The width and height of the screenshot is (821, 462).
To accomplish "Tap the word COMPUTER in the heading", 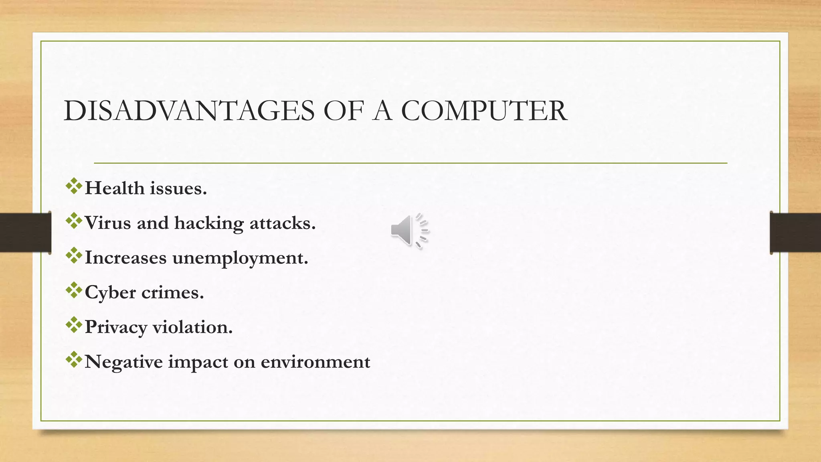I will (x=484, y=111).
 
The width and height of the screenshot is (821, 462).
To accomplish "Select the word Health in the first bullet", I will (x=115, y=188).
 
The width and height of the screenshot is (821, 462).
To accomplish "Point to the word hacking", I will (x=208, y=223).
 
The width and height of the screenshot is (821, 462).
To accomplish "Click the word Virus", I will (x=108, y=223).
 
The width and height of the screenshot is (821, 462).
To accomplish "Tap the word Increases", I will (x=125, y=258).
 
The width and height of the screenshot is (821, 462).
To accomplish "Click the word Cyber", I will (x=110, y=293).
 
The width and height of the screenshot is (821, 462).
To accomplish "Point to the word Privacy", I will (x=116, y=328).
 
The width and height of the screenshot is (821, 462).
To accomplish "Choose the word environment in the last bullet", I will (x=315, y=362).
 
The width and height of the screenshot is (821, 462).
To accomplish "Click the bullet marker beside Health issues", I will (x=74, y=186).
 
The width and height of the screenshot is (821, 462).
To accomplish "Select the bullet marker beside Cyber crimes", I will (x=74, y=290).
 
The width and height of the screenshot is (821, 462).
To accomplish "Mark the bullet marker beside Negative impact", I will (x=74, y=360).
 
